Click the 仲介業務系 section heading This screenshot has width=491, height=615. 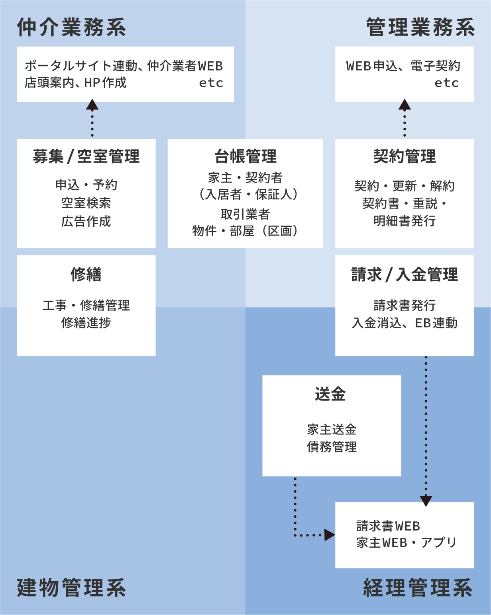point(71,28)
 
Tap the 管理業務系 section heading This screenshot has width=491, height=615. point(420,28)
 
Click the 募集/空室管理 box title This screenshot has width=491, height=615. point(86,156)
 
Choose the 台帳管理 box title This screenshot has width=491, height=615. point(245,156)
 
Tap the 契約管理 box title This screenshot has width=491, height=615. point(405,156)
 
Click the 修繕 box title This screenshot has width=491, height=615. point(86,274)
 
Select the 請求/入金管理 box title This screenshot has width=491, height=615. point(405,274)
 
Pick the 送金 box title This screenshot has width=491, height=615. point(330,394)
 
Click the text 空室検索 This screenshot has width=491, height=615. point(86,203)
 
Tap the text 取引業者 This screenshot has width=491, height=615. point(245,214)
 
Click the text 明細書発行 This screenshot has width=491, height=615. point(405,221)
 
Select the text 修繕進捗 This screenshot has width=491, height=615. point(86,323)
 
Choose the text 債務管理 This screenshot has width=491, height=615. point(332,447)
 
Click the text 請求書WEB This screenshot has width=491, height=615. point(388,526)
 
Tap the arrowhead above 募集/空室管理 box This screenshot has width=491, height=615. point(92,104)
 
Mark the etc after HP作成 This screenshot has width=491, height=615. point(211,83)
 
